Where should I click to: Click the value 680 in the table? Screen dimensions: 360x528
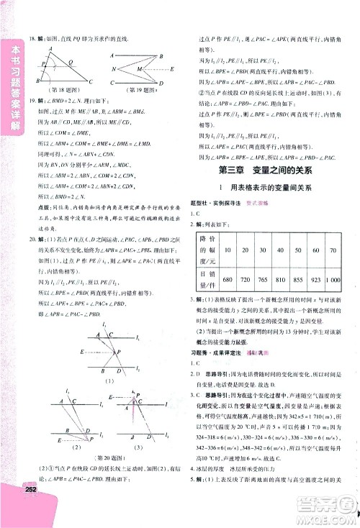pos(226,278)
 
